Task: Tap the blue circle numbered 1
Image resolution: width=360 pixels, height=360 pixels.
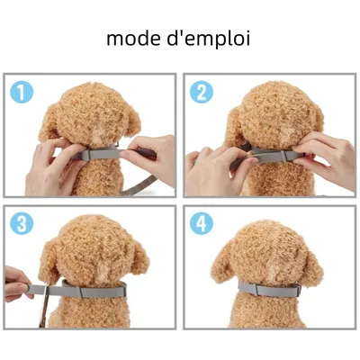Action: (x=22, y=92)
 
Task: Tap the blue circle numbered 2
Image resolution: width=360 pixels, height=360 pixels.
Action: (x=202, y=92)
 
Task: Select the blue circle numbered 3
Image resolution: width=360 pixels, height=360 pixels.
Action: (x=22, y=223)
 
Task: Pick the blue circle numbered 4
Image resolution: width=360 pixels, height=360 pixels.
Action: (x=202, y=223)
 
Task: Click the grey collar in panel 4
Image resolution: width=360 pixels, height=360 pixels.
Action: (x=270, y=289)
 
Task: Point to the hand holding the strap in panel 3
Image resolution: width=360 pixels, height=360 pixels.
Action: (x=17, y=283)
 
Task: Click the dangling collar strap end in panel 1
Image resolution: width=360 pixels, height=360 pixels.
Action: (x=139, y=186)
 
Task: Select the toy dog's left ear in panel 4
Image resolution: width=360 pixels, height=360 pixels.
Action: (x=221, y=268)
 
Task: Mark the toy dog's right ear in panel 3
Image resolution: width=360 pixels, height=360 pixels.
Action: (x=139, y=257)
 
